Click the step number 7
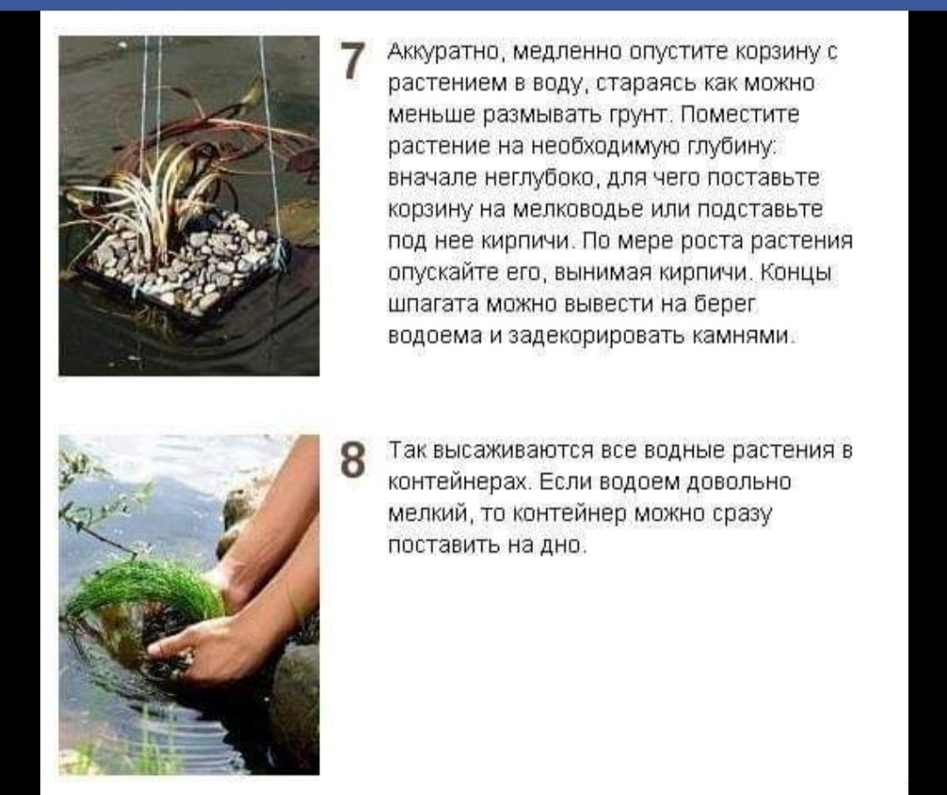(x=354, y=61)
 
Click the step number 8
(x=353, y=460)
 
